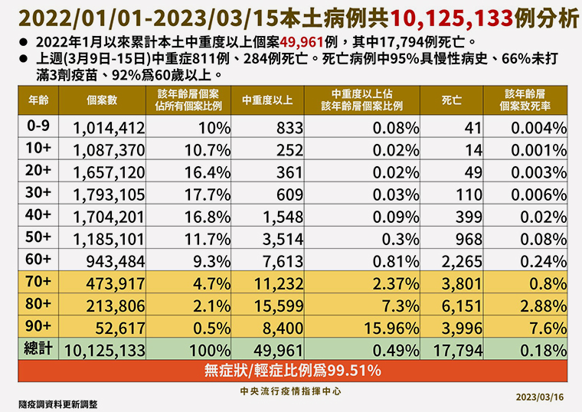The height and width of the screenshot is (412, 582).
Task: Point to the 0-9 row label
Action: tap(37, 128)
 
